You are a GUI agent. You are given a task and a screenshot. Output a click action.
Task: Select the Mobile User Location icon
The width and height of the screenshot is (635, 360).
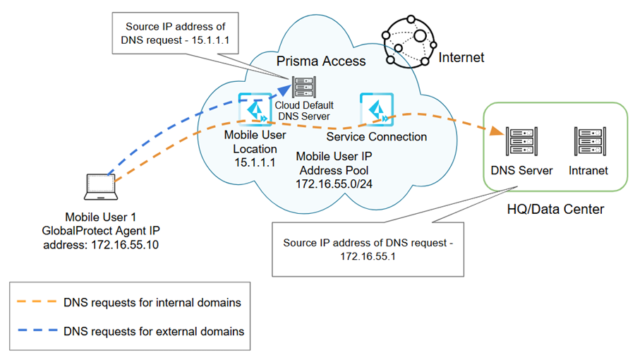[252, 110]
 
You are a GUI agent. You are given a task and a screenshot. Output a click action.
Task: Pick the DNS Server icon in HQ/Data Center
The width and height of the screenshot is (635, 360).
[521, 143]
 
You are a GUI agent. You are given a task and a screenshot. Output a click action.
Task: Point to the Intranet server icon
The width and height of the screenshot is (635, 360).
[590, 143]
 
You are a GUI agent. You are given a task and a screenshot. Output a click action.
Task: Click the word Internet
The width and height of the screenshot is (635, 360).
[461, 57]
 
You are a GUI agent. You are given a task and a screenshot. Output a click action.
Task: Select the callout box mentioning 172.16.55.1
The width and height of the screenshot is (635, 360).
[367, 248]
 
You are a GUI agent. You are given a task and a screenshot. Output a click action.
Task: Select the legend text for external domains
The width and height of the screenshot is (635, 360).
[153, 330]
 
